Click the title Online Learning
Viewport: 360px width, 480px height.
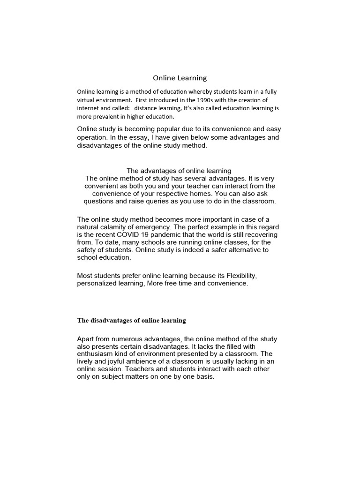tap(180, 78)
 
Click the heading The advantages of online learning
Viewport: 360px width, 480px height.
tap(179, 171)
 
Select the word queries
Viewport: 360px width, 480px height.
tap(160, 202)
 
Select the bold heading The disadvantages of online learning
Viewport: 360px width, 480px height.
tap(131, 321)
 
